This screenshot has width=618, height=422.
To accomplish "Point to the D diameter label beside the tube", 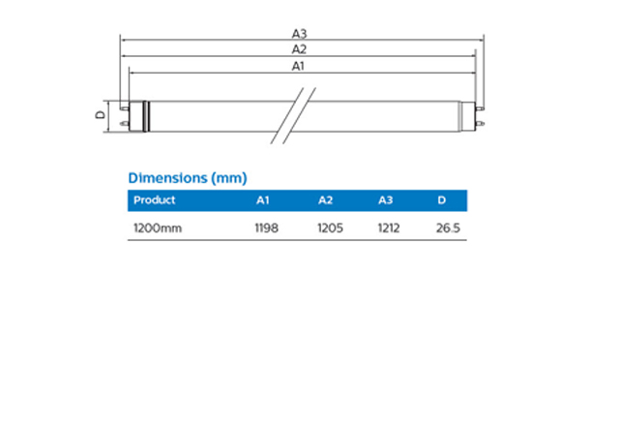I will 100,114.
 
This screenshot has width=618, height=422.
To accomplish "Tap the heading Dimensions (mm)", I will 188,178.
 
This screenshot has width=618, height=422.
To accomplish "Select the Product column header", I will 155,200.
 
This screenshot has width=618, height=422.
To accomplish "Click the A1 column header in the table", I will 262,200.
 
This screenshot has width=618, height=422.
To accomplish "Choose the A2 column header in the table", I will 325,200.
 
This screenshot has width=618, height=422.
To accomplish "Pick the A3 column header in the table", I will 386,200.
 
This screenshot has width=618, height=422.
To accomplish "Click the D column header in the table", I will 441,200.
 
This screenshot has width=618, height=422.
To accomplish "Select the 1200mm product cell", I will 157,229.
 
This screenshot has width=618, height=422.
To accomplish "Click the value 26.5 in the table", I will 447,229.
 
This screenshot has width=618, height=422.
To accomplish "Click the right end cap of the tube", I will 471,114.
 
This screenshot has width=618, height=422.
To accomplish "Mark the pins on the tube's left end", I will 123,114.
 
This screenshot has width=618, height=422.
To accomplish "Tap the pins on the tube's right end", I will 481,114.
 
